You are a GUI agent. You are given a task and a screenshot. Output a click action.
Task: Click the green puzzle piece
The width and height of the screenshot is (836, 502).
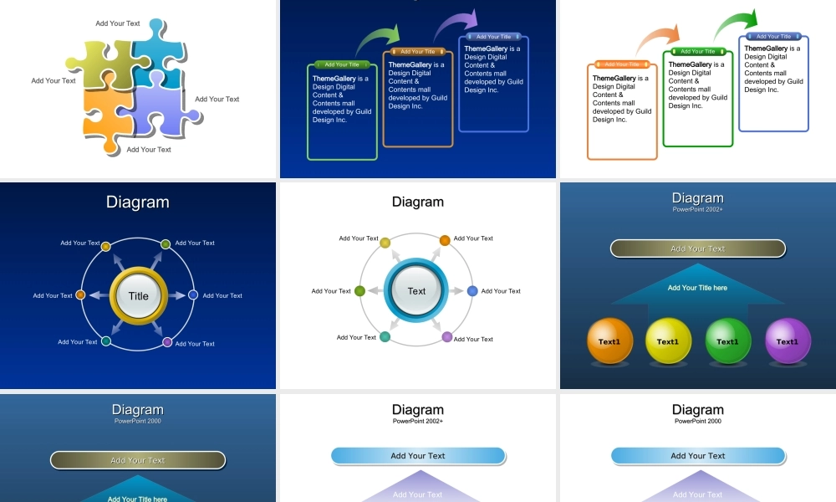[98, 65]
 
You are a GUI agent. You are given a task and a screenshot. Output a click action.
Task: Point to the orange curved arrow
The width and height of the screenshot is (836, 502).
[656, 38]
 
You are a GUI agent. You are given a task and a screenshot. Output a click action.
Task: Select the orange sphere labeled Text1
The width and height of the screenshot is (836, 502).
[609, 341]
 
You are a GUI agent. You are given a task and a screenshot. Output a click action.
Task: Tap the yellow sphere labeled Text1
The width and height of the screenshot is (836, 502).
[668, 341]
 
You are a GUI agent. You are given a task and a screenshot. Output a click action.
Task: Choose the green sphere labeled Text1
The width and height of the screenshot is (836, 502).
[727, 341]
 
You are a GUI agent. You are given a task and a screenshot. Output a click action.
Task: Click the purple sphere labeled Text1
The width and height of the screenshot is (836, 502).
[787, 341]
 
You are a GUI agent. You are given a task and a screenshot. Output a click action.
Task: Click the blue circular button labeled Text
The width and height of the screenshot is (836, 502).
[416, 291]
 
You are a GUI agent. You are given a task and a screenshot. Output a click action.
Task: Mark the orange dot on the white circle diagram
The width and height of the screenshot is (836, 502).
[445, 241]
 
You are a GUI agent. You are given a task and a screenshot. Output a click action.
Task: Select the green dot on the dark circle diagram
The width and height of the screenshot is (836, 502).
[166, 244]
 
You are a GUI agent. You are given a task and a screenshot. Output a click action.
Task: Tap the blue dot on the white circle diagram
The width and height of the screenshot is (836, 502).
[472, 291]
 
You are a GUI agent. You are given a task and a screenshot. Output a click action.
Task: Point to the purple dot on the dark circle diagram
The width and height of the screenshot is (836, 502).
[167, 342]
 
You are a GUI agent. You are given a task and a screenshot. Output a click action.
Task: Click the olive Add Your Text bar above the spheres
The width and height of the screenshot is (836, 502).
[697, 248]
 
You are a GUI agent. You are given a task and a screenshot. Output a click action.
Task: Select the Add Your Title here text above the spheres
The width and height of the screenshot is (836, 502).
[697, 288]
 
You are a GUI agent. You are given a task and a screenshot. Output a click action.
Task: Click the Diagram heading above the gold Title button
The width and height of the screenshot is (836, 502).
[138, 202]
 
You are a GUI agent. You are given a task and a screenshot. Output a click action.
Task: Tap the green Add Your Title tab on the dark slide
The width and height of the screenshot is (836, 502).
[342, 64]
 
